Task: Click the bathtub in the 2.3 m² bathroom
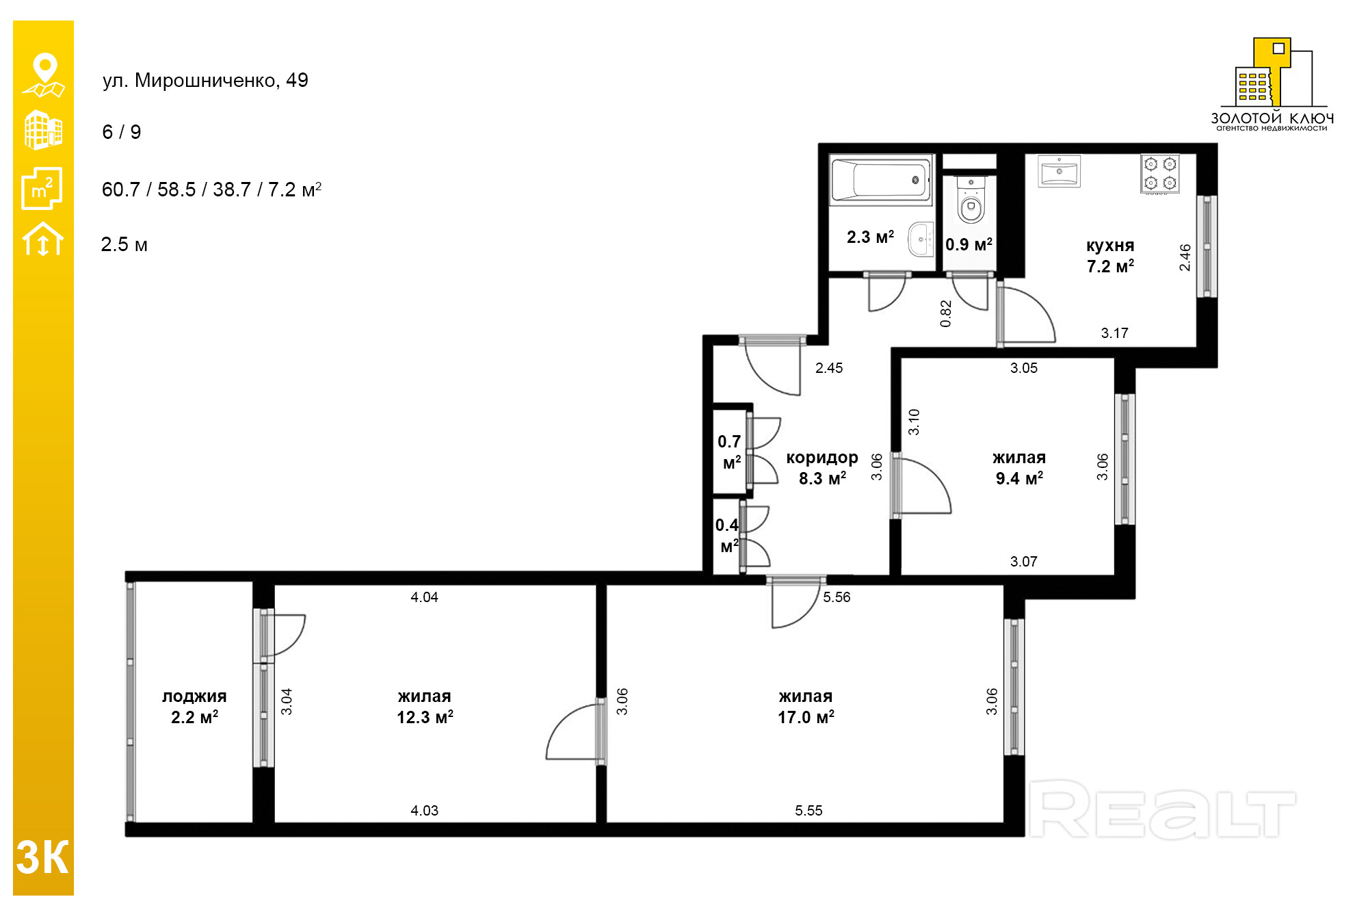(880, 179)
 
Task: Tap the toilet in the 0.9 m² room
(971, 200)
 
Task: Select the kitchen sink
(1059, 170)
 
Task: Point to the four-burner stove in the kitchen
(1160, 174)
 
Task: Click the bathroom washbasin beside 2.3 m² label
(921, 239)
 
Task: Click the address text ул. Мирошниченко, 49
(205, 81)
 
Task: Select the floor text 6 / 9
(122, 132)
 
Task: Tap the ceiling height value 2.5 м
(124, 244)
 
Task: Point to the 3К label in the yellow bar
(42, 857)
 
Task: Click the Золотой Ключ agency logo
(1272, 84)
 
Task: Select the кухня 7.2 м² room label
(1110, 256)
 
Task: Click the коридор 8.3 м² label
(822, 468)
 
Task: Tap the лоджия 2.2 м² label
(194, 707)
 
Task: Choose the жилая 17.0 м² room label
(806, 707)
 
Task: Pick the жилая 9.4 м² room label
(1019, 468)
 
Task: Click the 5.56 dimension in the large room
(837, 597)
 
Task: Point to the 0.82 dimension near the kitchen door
(946, 314)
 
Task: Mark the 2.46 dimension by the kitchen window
(1185, 257)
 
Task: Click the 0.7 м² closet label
(730, 452)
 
